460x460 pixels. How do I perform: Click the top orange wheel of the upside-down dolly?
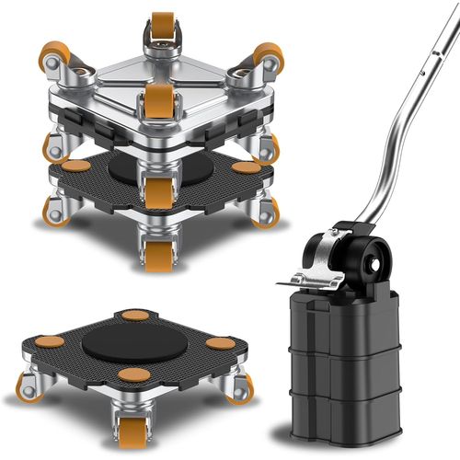[162, 23]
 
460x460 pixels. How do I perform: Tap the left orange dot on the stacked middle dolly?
[75, 167]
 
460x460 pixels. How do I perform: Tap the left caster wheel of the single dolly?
[29, 387]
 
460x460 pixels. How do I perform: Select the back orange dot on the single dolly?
[135, 316]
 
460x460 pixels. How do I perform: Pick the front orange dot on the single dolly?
[133, 374]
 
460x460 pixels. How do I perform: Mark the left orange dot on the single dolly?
[50, 341]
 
